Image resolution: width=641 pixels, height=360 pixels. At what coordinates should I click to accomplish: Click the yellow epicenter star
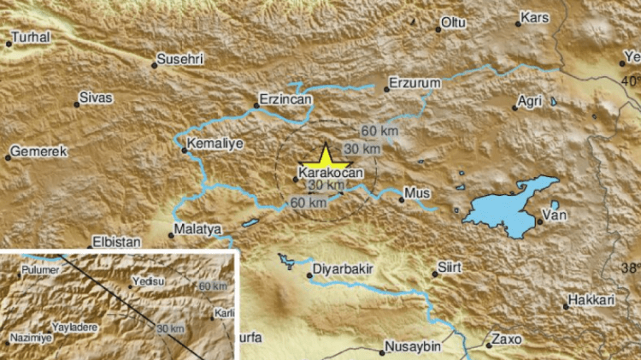[325, 158]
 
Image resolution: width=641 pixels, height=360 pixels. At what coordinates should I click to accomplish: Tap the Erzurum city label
[414, 83]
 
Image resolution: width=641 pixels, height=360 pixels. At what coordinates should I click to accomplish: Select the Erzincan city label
[286, 100]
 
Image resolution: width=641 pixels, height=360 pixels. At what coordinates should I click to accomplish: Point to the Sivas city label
[96, 98]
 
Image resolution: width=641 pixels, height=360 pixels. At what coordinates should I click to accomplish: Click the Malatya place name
[197, 229]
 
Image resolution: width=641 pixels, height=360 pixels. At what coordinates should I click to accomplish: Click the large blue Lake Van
[504, 210]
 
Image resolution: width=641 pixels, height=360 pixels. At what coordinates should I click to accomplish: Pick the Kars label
[536, 17]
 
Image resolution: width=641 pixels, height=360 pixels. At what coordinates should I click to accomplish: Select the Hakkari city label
[590, 301]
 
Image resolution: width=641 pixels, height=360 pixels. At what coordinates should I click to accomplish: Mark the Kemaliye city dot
[184, 151]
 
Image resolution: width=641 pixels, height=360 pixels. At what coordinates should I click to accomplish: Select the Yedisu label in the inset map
[147, 281]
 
